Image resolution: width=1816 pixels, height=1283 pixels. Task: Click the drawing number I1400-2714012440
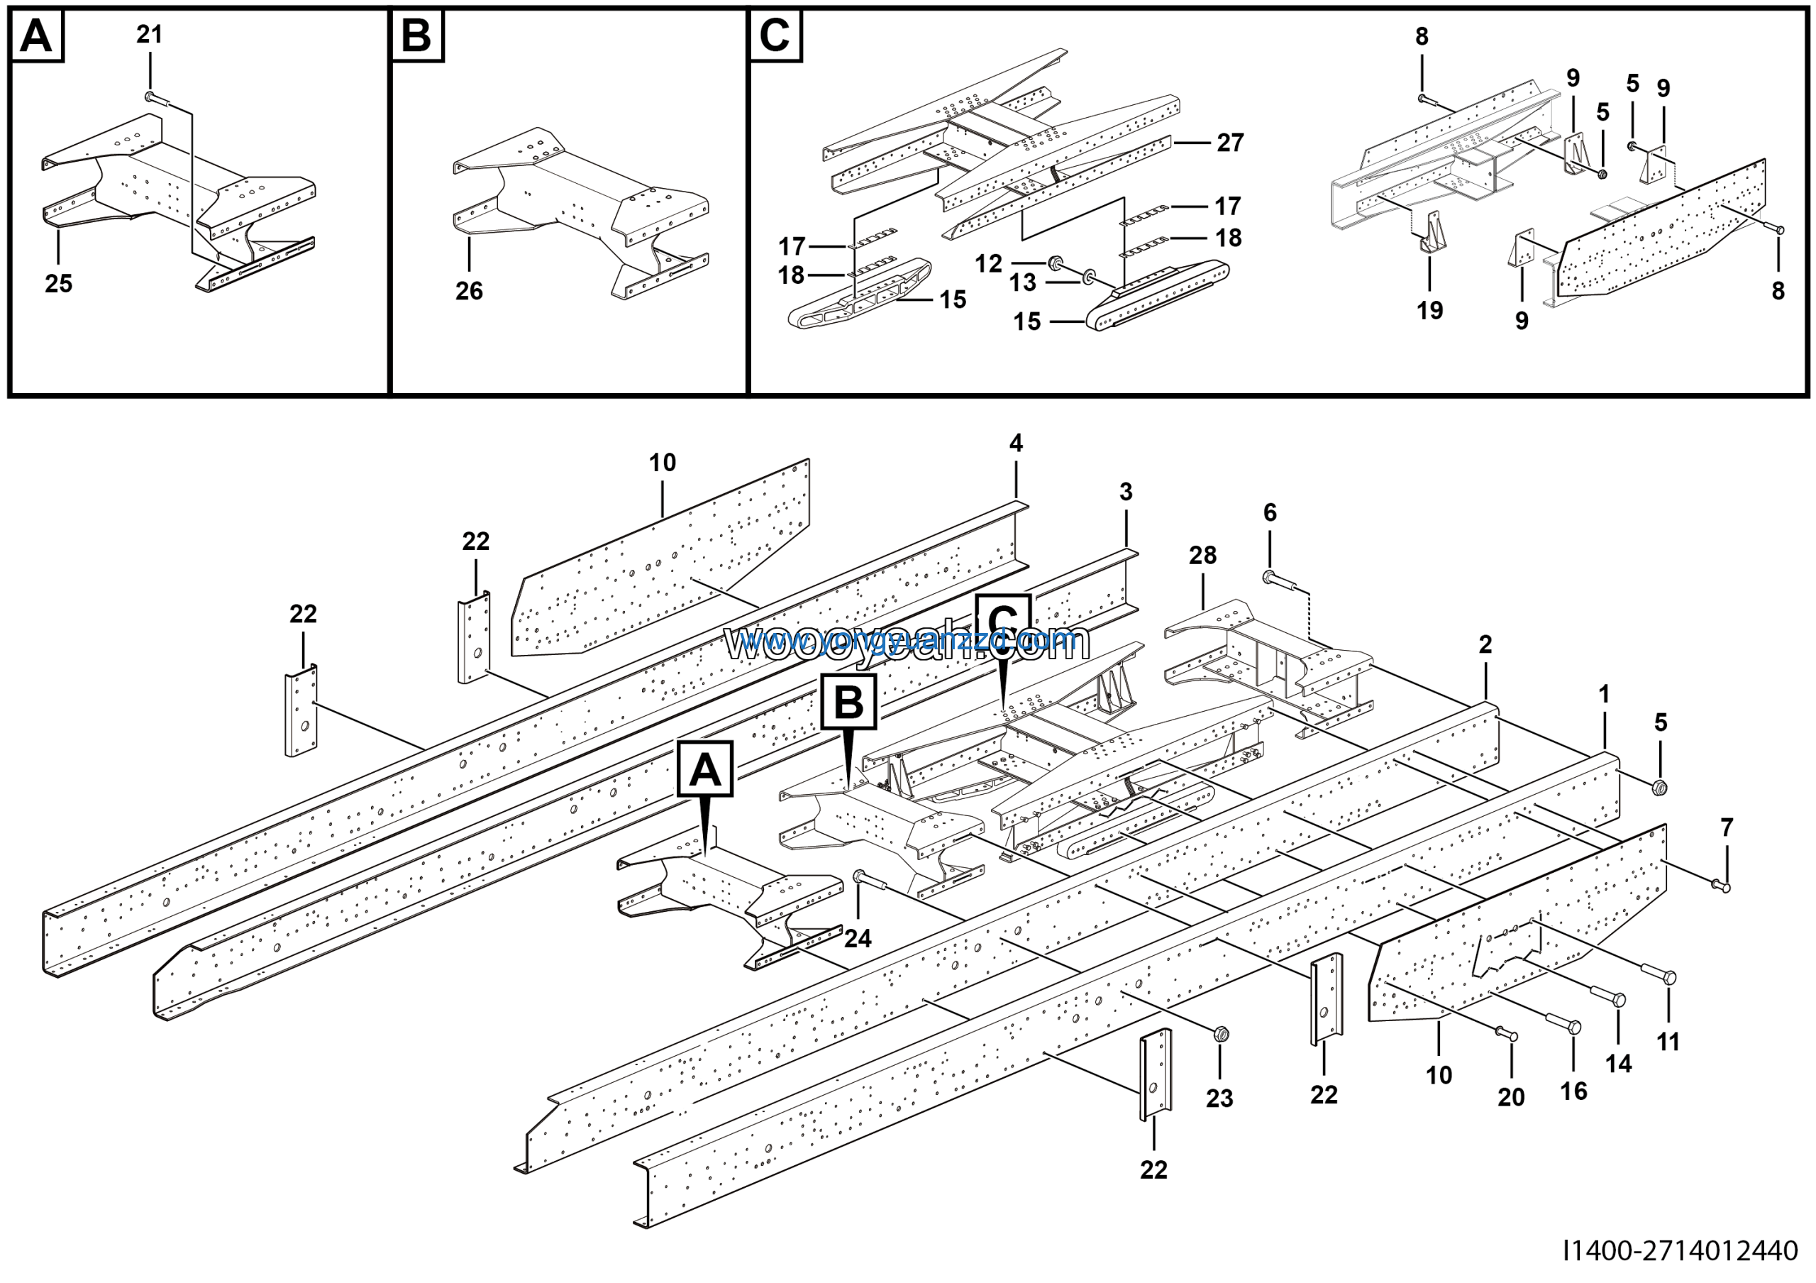point(1680,1250)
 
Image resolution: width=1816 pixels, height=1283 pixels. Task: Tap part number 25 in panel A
point(59,283)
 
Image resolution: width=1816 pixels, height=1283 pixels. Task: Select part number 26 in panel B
point(469,290)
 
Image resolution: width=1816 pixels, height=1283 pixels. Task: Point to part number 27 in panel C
point(1230,143)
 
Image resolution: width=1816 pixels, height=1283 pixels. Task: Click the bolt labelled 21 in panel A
point(152,97)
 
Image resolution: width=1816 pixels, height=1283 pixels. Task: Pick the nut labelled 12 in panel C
point(1054,262)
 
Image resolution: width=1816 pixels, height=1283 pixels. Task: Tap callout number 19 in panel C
point(1429,310)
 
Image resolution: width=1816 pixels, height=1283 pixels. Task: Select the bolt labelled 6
point(1271,578)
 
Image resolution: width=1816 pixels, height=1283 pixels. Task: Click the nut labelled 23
point(1219,1033)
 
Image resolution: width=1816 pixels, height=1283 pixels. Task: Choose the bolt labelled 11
point(1666,978)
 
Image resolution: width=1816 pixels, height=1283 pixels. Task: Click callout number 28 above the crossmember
point(1202,556)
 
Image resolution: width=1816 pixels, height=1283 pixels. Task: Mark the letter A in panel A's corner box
point(36,35)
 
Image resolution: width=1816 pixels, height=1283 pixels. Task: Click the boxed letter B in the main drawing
point(848,702)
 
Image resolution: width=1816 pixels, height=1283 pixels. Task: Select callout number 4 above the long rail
point(1016,443)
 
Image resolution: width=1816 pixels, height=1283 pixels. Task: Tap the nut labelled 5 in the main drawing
point(1660,787)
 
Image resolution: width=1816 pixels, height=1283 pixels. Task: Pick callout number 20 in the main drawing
point(1511,1097)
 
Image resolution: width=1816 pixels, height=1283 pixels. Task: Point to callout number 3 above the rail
point(1126,492)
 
